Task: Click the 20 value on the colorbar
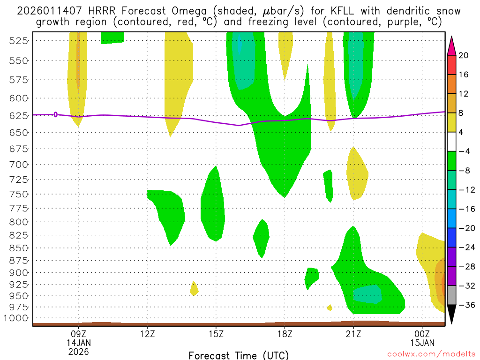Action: click(463, 55)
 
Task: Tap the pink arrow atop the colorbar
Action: click(451, 45)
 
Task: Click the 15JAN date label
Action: click(422, 343)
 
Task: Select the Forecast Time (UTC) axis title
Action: click(239, 355)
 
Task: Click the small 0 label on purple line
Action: click(56, 114)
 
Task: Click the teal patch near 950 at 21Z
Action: click(367, 294)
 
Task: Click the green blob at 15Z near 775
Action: click(212, 206)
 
